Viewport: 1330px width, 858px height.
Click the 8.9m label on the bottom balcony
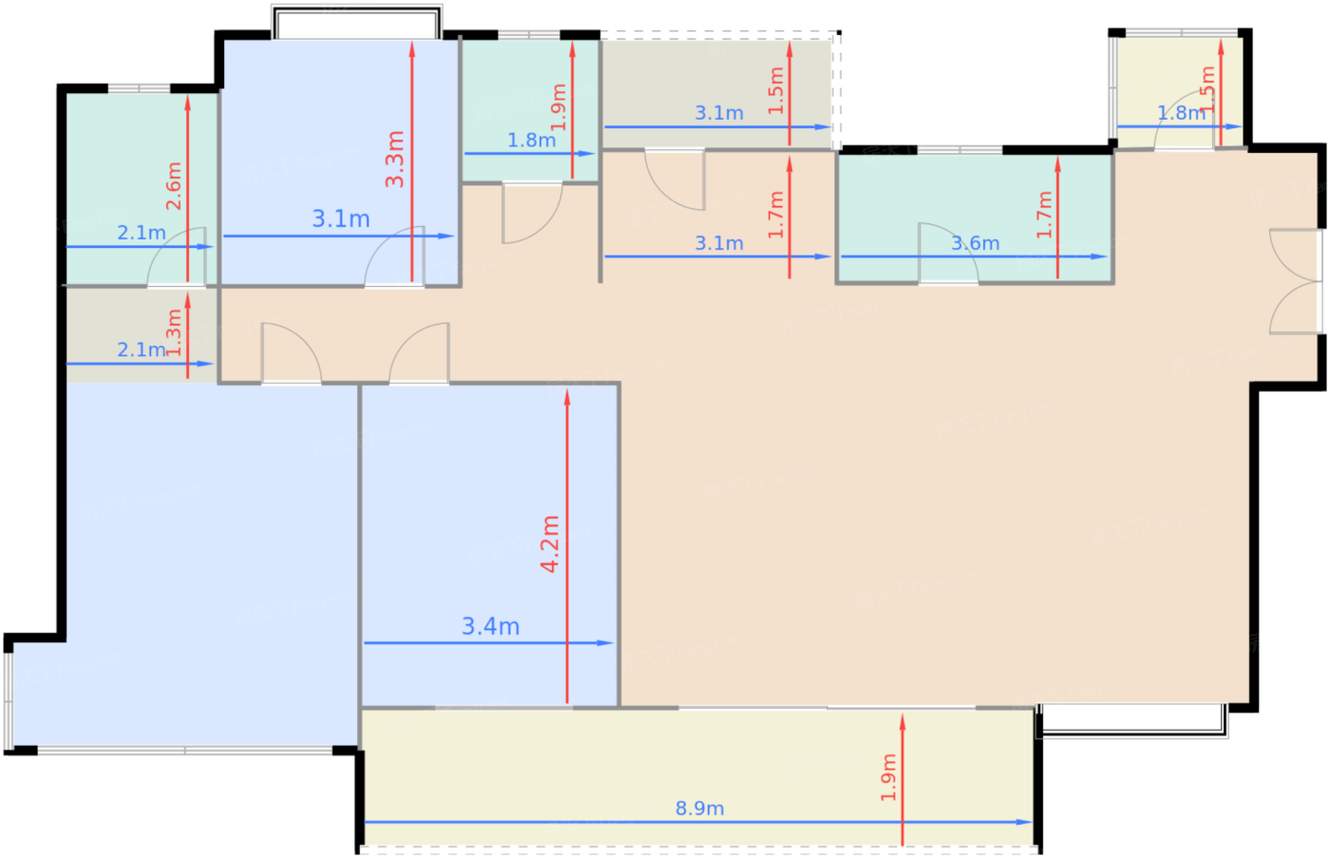pyautogui.click(x=699, y=809)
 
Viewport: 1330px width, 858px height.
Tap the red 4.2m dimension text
pyautogui.click(x=550, y=543)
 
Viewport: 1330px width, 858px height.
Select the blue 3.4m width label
pyautogui.click(x=490, y=626)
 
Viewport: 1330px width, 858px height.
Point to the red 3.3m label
pyautogui.click(x=395, y=159)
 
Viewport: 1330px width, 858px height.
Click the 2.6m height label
pyautogui.click(x=173, y=185)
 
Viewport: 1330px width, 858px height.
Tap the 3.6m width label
pyautogui.click(x=975, y=243)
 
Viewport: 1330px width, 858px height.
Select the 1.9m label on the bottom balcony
pyautogui.click(x=888, y=777)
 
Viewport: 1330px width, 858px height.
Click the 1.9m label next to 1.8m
pyautogui.click(x=559, y=107)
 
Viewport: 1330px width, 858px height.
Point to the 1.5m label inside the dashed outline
pyautogui.click(x=776, y=90)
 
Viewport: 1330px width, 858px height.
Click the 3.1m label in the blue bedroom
pyautogui.click(x=341, y=219)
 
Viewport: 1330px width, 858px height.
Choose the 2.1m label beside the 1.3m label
pyautogui.click(x=141, y=350)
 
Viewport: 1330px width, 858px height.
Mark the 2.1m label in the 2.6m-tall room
pyautogui.click(x=141, y=233)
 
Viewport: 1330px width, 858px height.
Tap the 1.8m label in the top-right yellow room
pyautogui.click(x=1180, y=113)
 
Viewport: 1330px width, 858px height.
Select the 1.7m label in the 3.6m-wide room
pyautogui.click(x=1045, y=214)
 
